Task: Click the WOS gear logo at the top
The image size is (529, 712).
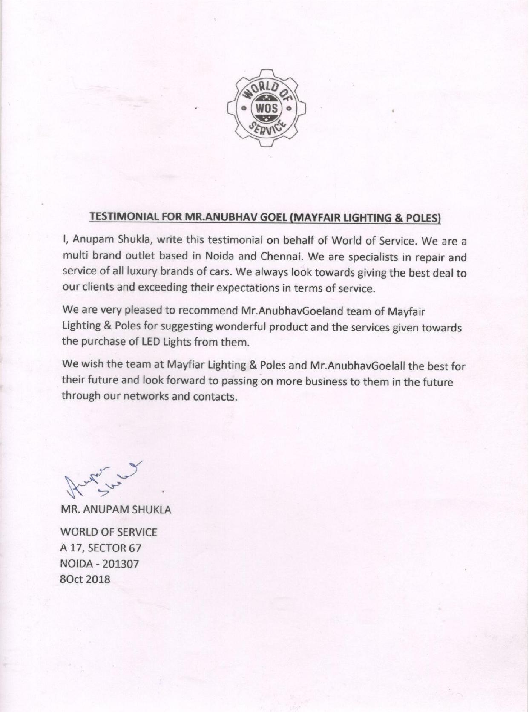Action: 267,108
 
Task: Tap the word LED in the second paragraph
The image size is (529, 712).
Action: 153,342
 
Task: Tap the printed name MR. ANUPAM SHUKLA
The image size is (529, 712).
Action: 116,510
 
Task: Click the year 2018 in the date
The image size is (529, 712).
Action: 99,579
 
